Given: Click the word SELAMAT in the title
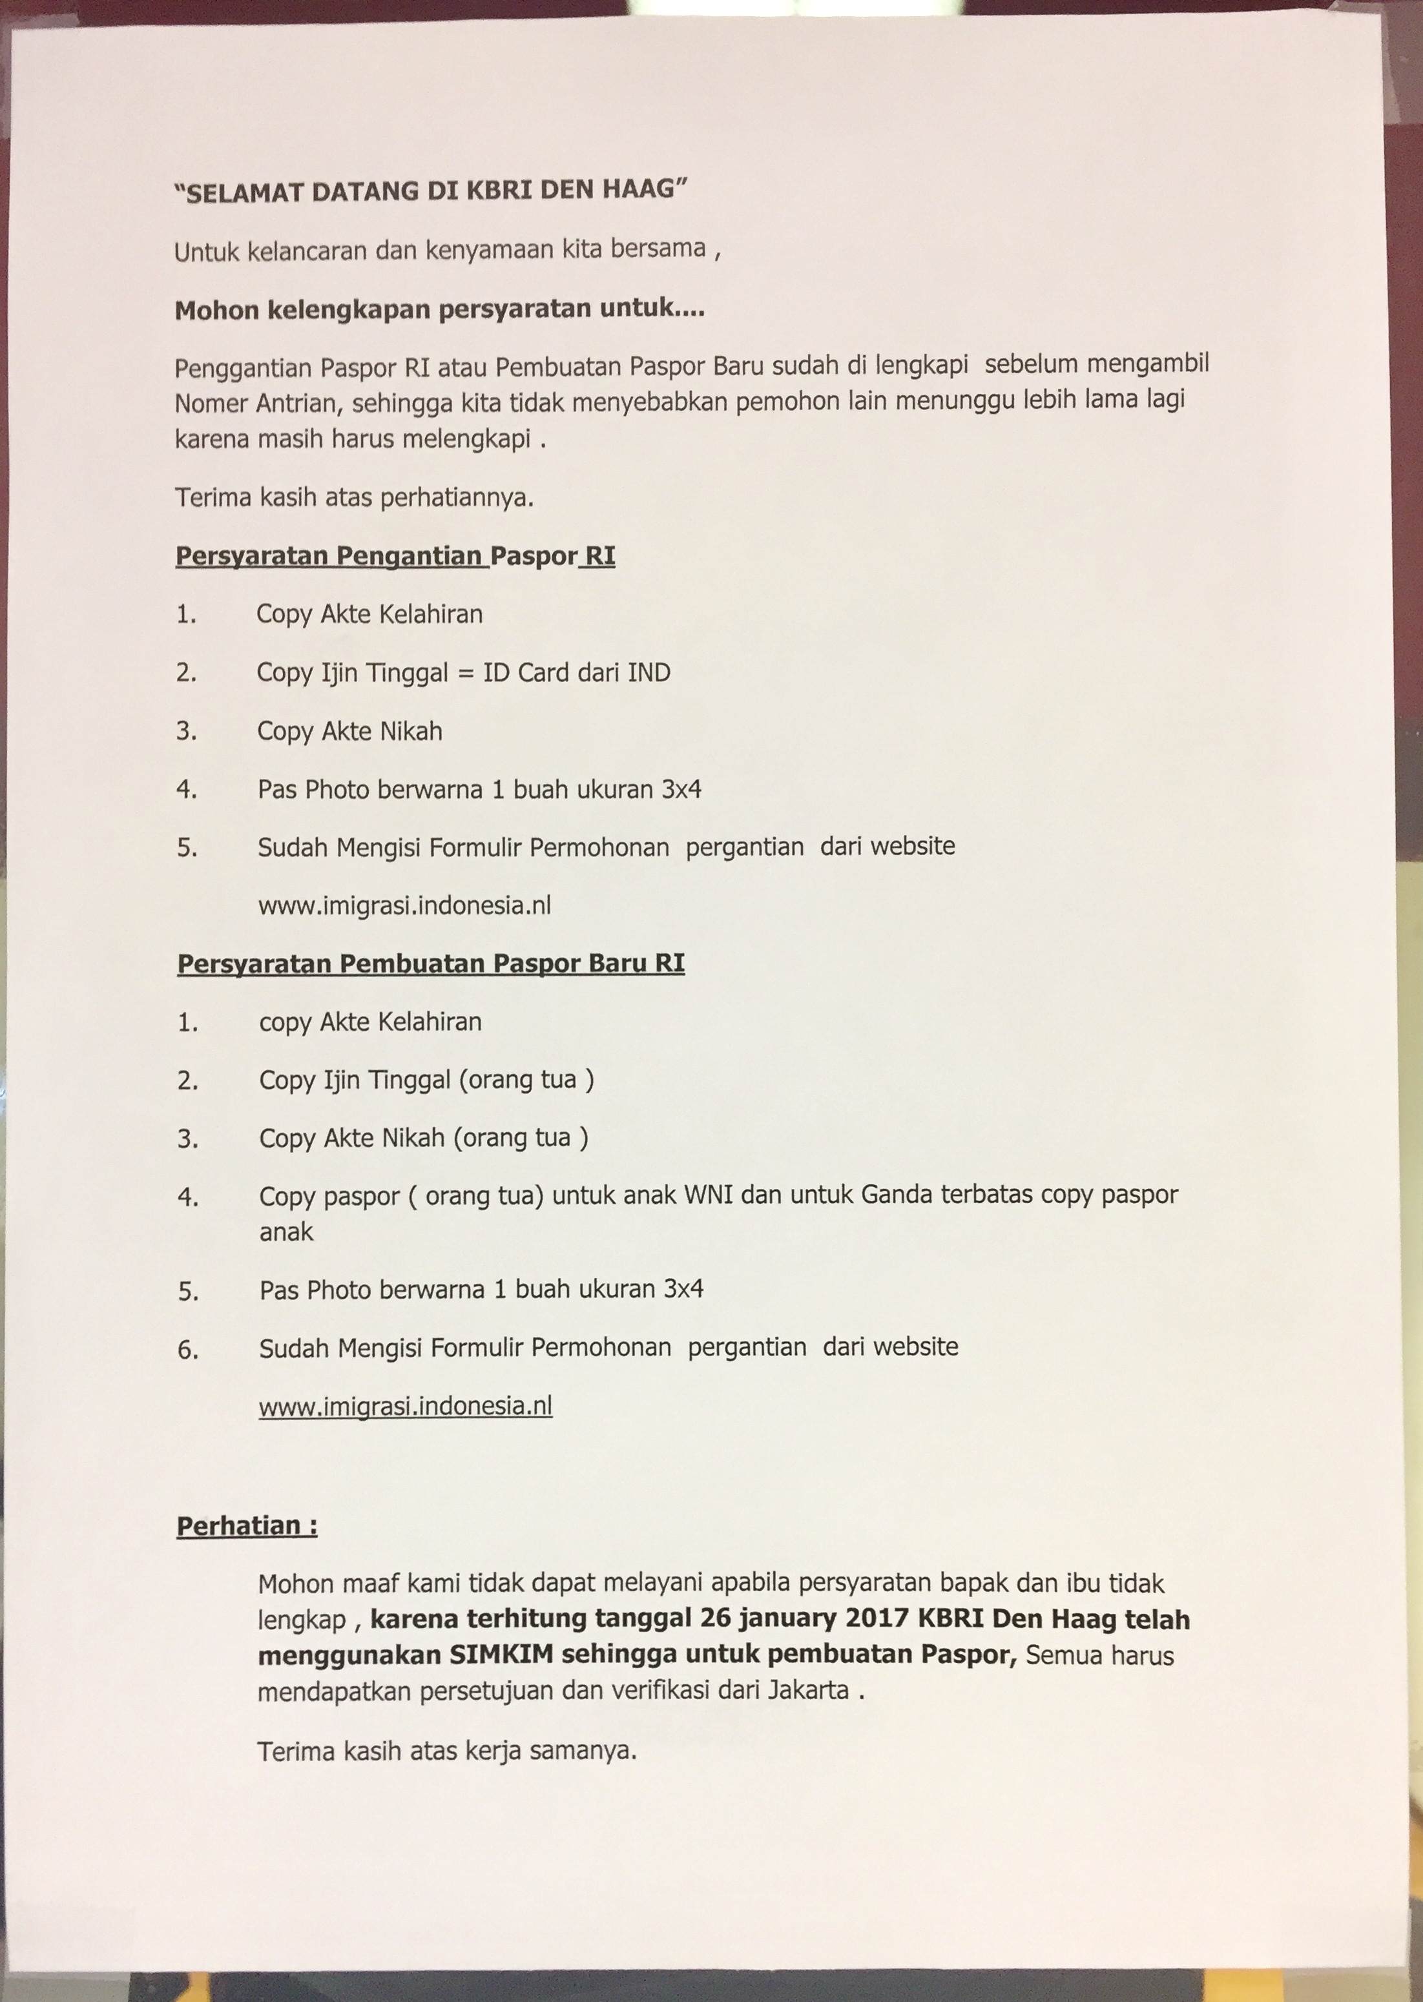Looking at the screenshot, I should click(x=244, y=192).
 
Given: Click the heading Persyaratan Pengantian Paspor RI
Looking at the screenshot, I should click(x=395, y=556).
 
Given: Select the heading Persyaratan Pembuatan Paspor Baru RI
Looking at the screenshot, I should click(x=430, y=964).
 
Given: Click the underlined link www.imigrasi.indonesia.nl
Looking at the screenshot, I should click(x=406, y=1406).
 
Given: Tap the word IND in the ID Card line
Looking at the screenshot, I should click(x=649, y=673).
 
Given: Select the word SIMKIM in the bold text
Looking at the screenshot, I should click(x=502, y=1655).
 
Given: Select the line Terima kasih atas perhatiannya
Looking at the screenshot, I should click(x=354, y=499).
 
